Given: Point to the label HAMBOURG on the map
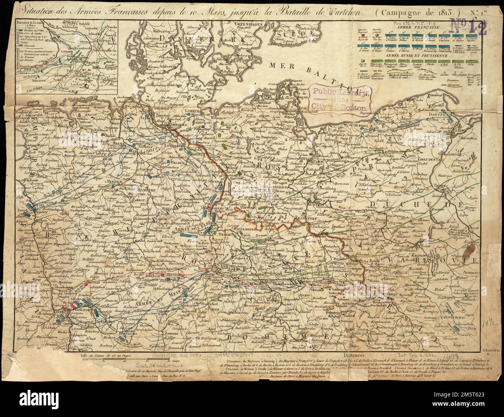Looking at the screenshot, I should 176,130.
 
